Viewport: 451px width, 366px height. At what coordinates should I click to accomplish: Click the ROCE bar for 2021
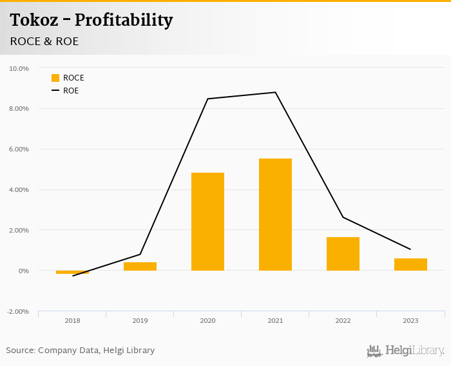pos(275,215)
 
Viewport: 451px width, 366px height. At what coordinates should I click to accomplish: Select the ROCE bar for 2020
pos(207,222)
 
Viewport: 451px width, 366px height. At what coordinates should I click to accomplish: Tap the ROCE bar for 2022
pos(343,254)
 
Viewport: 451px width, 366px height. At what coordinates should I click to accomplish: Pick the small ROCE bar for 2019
pos(140,266)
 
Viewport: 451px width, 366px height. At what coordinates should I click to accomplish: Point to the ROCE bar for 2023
pos(410,264)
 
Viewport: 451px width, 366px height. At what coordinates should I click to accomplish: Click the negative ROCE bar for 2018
pos(72,272)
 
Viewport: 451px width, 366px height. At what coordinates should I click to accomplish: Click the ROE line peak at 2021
pos(276,92)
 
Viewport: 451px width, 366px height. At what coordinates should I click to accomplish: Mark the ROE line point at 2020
pos(208,99)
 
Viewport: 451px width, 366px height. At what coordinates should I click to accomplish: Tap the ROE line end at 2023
pos(410,249)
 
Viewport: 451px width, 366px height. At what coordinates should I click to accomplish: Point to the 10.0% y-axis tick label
pos(19,68)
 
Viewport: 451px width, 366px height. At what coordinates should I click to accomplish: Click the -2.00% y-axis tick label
pos(17,312)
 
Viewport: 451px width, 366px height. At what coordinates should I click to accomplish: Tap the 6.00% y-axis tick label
pos(19,149)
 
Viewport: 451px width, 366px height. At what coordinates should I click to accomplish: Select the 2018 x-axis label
pos(72,320)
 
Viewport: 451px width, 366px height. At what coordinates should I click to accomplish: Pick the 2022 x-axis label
pos(343,320)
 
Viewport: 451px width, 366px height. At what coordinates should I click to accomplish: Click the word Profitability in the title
pos(124,20)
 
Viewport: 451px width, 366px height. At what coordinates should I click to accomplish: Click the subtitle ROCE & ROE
pos(44,41)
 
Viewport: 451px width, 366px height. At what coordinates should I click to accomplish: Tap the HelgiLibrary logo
pos(405,351)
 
